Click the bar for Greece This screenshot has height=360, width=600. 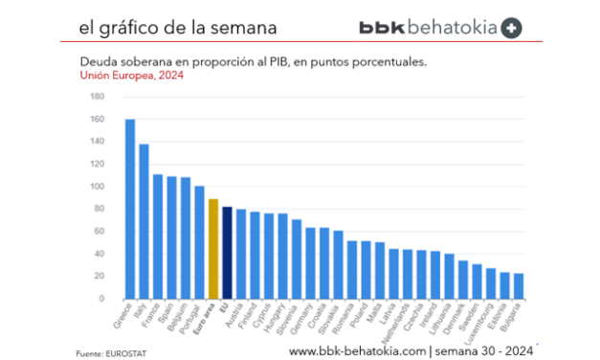click(129, 209)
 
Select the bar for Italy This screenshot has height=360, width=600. click(144, 220)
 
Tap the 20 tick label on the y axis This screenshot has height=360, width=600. click(99, 276)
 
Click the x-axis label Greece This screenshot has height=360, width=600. click(123, 317)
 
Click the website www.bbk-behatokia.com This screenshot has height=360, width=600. click(357, 351)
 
